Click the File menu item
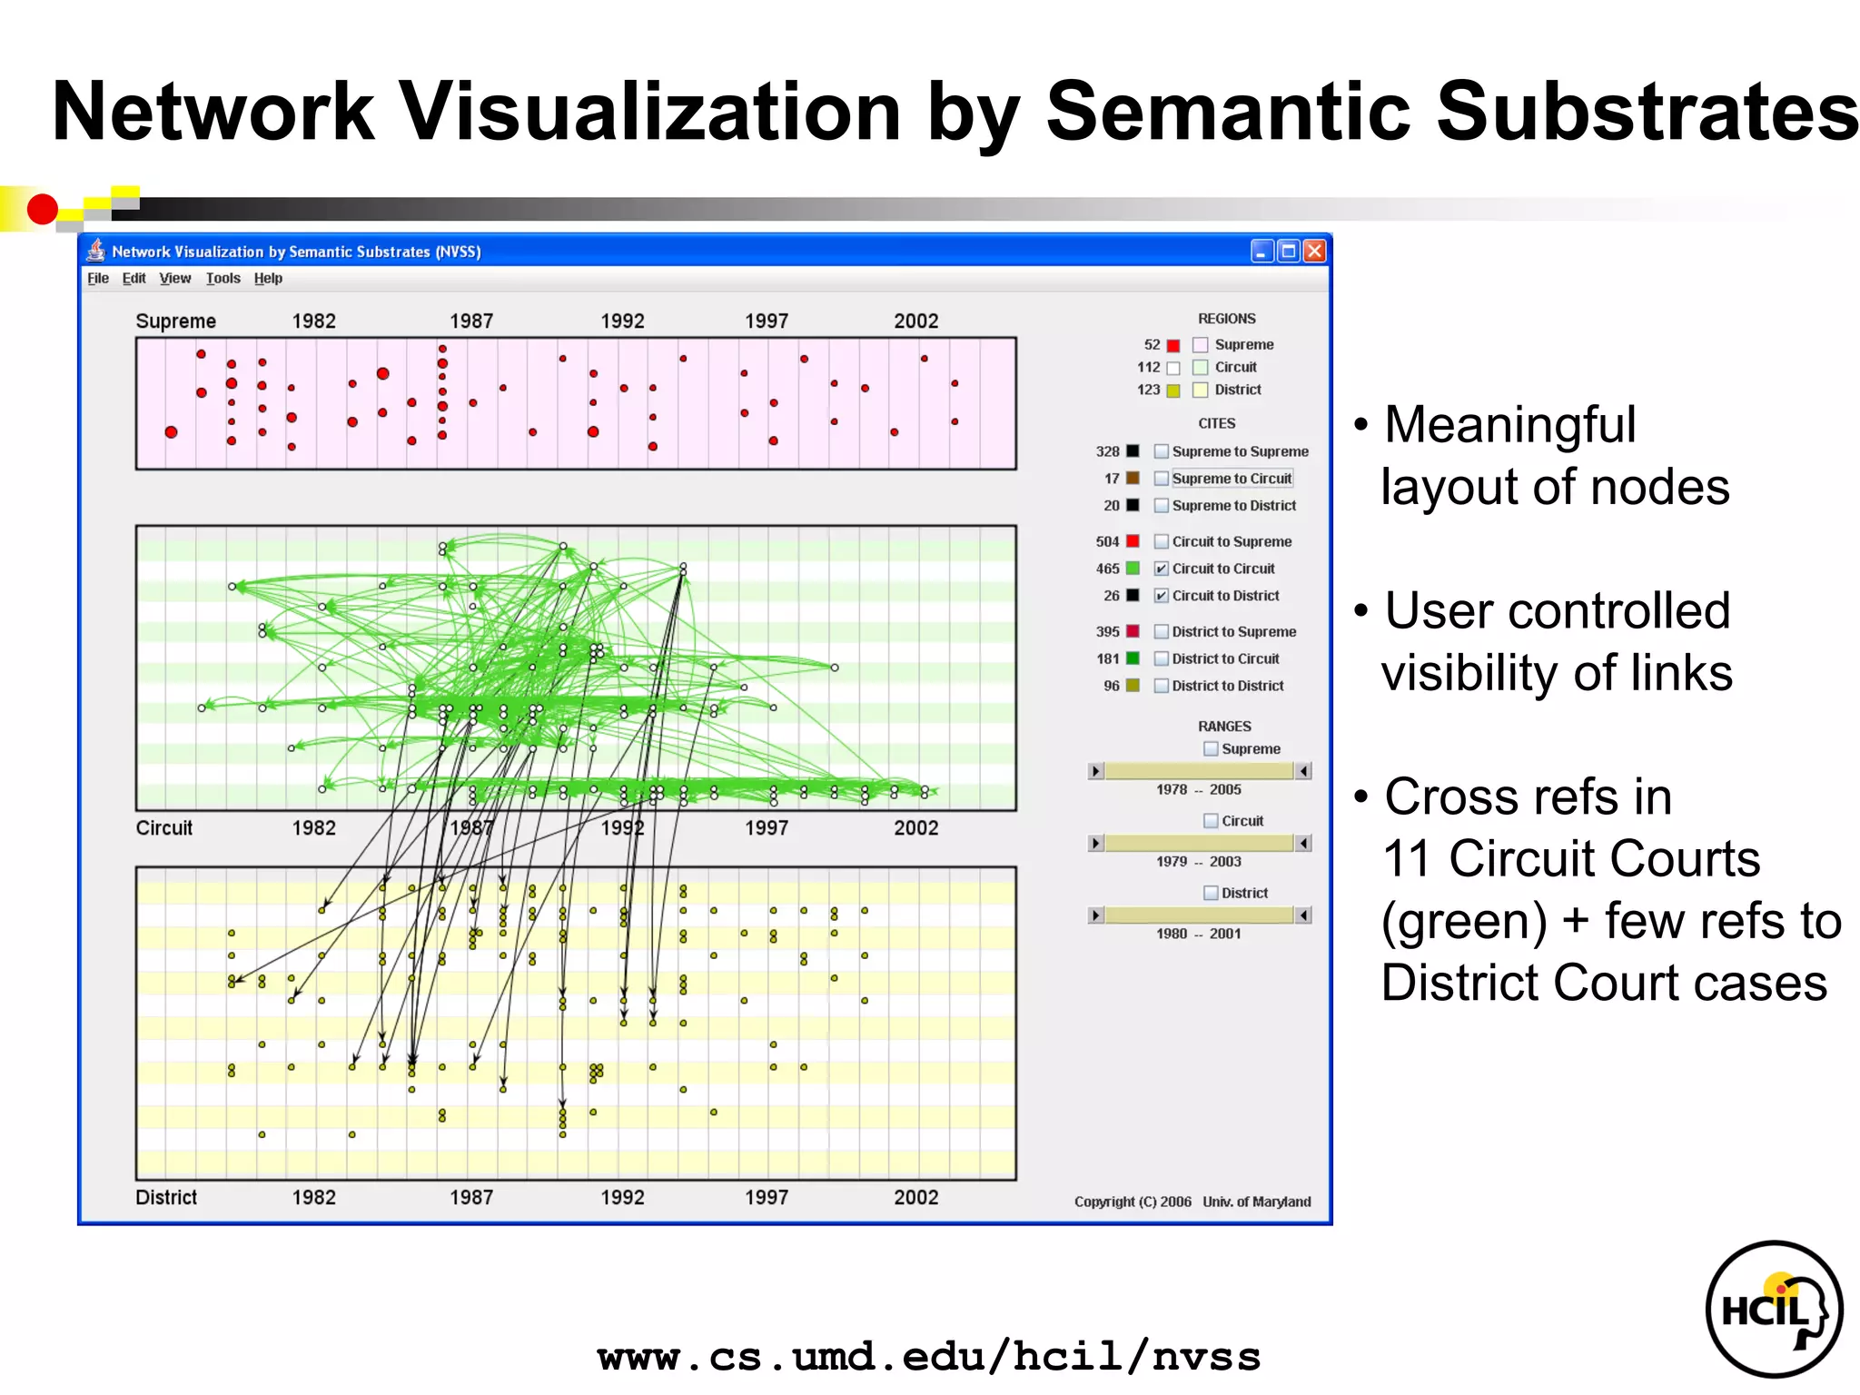point(98,278)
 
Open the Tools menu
point(223,278)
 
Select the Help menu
point(268,278)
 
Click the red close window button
point(1314,252)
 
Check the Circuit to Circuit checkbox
point(1161,569)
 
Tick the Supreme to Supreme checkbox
point(1161,451)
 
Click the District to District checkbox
point(1161,686)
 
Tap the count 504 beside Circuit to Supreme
point(1107,541)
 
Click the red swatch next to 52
point(1173,345)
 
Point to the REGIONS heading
point(1226,319)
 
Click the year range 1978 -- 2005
point(1198,789)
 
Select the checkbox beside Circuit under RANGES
point(1211,821)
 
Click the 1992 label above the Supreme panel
point(622,321)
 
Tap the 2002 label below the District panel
point(915,1197)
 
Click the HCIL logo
point(1773,1309)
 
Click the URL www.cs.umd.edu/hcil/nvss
point(928,1357)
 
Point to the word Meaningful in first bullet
point(1509,424)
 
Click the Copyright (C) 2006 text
point(1133,1202)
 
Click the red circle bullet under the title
point(42,209)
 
